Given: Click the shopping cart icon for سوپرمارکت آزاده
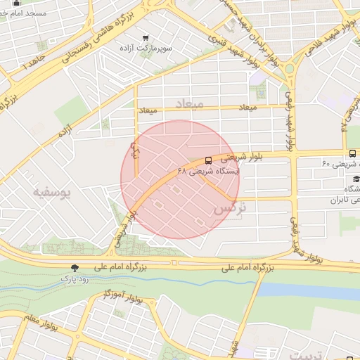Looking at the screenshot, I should [146, 38].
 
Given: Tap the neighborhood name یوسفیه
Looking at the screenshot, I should [53, 192].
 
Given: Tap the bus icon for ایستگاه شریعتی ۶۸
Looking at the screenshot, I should [208, 160].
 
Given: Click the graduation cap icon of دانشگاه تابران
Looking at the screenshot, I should [356, 179].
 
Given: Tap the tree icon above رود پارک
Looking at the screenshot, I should [75, 267].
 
